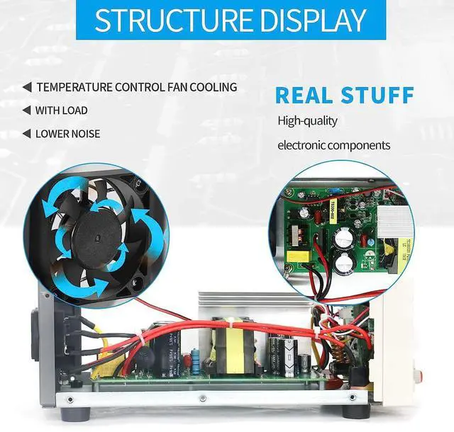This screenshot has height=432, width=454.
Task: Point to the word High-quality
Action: tap(307, 120)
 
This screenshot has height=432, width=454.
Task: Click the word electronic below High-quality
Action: tap(304, 145)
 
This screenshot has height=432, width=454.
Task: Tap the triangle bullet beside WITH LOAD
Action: tap(27, 110)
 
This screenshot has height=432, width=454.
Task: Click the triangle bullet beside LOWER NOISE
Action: tap(27, 133)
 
